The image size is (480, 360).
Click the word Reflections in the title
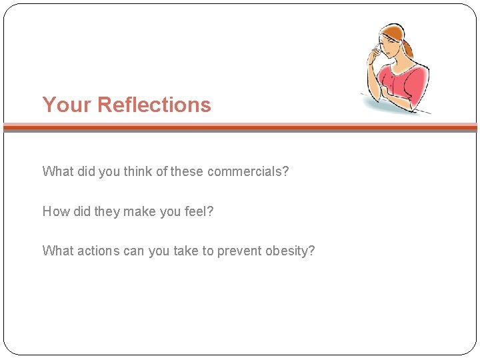click(x=154, y=105)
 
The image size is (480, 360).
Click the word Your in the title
click(x=67, y=105)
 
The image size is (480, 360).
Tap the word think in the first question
click(x=138, y=171)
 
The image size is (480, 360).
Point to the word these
click(x=187, y=171)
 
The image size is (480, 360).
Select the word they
click(x=107, y=211)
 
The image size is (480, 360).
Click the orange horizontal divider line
click(x=240, y=125)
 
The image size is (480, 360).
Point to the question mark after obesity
click(x=311, y=251)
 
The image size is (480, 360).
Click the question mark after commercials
click(x=285, y=171)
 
